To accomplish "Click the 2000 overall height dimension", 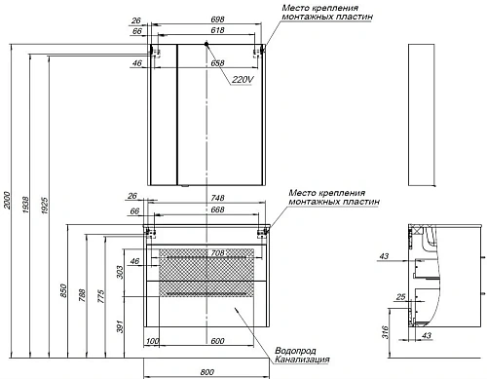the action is (x=7, y=201).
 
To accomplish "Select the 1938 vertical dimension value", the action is (x=25, y=205).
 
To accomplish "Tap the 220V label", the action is (x=242, y=79).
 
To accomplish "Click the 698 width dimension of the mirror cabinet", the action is (x=217, y=19).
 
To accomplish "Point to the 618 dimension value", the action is (x=217, y=30).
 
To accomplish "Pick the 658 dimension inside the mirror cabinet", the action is (x=217, y=63).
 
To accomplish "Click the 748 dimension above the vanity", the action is (x=217, y=198).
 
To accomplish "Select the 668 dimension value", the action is (x=217, y=209).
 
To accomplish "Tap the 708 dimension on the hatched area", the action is (x=217, y=252).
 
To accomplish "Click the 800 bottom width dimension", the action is (x=206, y=372).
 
